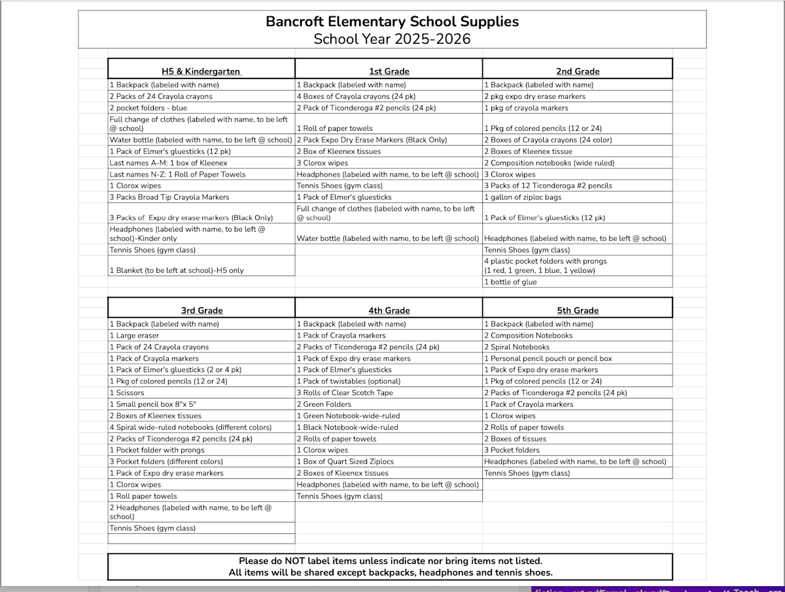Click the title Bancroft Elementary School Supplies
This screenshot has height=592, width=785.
392,22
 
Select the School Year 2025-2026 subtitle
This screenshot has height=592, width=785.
392,39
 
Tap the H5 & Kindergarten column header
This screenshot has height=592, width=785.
201,71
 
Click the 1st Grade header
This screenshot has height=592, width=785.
389,71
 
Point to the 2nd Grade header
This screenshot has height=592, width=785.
578,71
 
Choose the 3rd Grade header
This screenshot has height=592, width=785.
201,311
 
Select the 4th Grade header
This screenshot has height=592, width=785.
389,311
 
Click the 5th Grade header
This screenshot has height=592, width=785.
578,311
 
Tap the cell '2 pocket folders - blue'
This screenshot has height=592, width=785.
148,108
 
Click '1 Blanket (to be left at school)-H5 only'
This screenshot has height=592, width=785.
177,270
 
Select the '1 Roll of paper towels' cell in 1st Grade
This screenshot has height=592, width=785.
335,128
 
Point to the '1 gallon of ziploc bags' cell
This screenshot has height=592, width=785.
523,197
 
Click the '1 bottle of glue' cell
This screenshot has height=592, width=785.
510,282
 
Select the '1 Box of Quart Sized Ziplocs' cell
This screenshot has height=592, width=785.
345,461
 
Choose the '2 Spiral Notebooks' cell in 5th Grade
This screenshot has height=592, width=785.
517,347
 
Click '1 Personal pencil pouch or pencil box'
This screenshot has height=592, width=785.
548,358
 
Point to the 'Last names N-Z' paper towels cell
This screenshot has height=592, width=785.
178,174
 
